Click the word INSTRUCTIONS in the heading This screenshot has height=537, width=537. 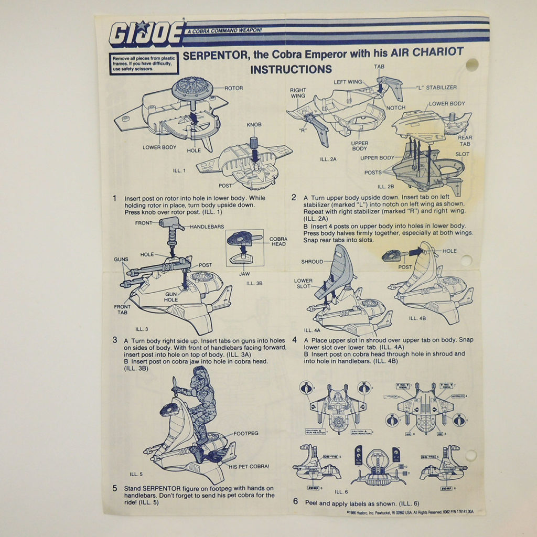[x=291, y=69]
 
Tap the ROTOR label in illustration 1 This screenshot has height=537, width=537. [x=233, y=88]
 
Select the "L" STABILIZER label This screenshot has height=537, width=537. [x=436, y=87]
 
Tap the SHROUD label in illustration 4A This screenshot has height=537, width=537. [x=312, y=261]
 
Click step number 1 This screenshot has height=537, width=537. [x=114, y=198]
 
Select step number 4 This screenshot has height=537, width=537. [x=295, y=340]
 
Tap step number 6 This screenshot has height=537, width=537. [x=295, y=501]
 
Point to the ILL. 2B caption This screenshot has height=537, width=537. [x=386, y=186]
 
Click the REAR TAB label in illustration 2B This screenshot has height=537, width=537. [x=465, y=141]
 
